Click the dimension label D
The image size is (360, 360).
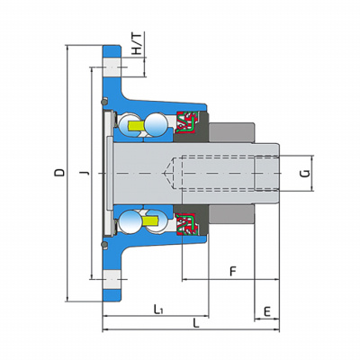(x=59, y=173)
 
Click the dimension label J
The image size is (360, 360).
(x=85, y=173)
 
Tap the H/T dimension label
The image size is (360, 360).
(x=137, y=43)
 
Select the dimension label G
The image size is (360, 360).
(x=305, y=173)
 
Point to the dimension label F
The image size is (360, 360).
(x=233, y=271)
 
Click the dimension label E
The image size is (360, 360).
(x=267, y=312)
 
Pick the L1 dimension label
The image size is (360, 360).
(x=158, y=310)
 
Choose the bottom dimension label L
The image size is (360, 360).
(x=195, y=323)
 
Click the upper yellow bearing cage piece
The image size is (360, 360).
(x=136, y=126)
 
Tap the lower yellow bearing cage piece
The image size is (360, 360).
(x=150, y=221)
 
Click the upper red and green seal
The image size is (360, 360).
(x=187, y=121)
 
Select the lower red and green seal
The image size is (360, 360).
(x=187, y=225)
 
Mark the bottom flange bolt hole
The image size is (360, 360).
(x=112, y=279)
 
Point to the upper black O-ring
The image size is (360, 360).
(x=104, y=102)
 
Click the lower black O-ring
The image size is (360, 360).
(x=104, y=245)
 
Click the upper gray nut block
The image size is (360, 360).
(x=231, y=132)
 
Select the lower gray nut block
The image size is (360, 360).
(x=231, y=215)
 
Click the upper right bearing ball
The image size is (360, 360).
(x=156, y=124)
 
